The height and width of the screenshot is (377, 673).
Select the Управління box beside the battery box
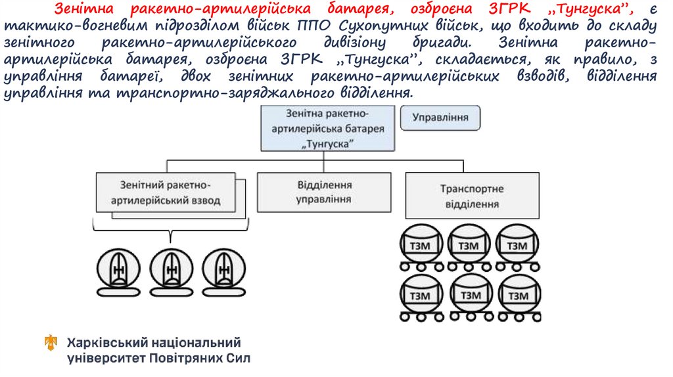(440, 118)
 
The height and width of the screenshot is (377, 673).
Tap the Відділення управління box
(324, 191)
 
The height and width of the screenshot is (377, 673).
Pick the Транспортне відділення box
(471, 196)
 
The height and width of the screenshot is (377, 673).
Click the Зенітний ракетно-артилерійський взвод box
(166, 192)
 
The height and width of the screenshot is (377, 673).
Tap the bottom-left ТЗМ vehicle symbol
(419, 297)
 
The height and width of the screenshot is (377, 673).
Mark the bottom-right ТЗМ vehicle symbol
(517, 297)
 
